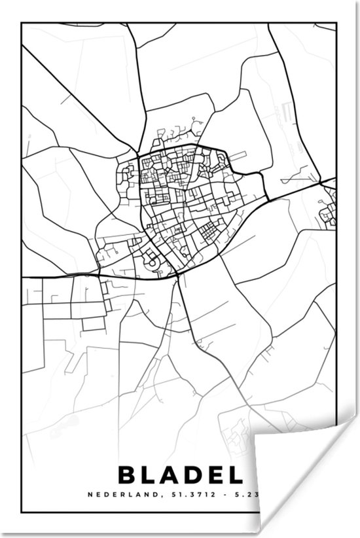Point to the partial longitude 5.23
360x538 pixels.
pyautogui.click(x=248, y=495)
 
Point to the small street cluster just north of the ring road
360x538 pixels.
pyautogui.click(x=171, y=135)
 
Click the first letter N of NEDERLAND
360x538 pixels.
pyautogui.click(x=90, y=495)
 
